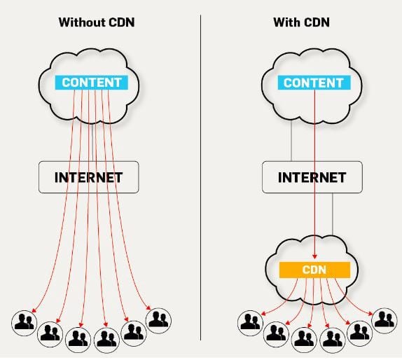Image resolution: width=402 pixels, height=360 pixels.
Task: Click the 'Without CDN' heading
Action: [97, 22]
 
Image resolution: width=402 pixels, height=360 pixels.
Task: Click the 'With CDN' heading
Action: [301, 22]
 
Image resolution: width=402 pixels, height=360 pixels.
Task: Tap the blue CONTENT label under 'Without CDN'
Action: [92, 83]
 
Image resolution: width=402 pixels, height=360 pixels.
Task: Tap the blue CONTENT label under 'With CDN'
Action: [314, 83]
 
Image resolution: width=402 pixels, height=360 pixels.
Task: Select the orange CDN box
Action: [314, 270]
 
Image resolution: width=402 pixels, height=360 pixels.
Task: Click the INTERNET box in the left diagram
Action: [89, 177]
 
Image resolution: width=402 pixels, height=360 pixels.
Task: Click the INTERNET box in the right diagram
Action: [312, 177]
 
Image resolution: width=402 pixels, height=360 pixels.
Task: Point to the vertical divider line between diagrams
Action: [201, 178]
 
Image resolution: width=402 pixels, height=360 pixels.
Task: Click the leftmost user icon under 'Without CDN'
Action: [24, 323]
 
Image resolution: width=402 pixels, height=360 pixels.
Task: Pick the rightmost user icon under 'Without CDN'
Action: [158, 321]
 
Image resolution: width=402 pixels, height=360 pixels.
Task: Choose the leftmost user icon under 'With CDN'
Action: [250, 323]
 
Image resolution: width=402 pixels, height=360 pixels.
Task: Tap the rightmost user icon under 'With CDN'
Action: [384, 321]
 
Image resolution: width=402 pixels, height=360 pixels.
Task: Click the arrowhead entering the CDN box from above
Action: [315, 256]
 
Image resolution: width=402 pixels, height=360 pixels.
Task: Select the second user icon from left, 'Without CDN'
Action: [50, 334]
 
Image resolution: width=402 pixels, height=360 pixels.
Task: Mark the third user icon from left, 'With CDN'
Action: [304, 340]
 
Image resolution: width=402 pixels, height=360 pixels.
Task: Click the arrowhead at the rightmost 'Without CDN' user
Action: [148, 307]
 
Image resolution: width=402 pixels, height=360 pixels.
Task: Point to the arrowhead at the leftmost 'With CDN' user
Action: [263, 314]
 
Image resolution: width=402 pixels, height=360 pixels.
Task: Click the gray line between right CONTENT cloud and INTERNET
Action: [291, 141]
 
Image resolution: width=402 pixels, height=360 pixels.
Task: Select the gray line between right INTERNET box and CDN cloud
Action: [333, 214]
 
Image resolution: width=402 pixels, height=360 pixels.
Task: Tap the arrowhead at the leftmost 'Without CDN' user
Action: [34, 310]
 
